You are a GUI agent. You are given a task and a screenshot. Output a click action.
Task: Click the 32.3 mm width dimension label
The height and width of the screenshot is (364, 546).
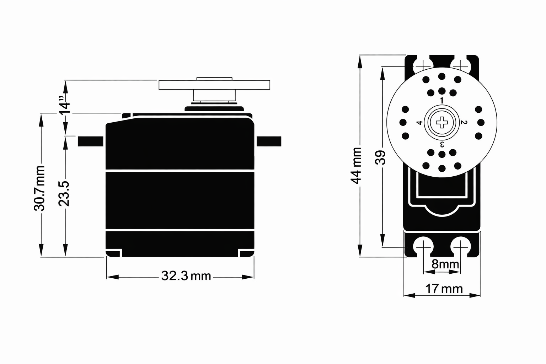point(186,276)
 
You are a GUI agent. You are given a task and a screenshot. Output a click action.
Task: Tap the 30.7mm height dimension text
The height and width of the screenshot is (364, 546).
point(39,188)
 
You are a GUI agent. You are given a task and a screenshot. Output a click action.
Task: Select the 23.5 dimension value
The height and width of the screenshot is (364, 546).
point(64,194)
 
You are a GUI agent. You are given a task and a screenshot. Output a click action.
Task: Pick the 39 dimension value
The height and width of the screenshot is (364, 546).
point(380,157)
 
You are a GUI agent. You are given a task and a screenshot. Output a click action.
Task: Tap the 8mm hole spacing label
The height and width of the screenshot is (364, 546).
point(445,264)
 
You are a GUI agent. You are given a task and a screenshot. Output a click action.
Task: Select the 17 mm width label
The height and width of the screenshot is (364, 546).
point(444,289)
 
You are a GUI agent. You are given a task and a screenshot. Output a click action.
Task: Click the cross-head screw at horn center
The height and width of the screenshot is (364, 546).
point(442,122)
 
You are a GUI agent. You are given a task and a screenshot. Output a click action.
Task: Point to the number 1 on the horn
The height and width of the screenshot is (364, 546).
point(442,101)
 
